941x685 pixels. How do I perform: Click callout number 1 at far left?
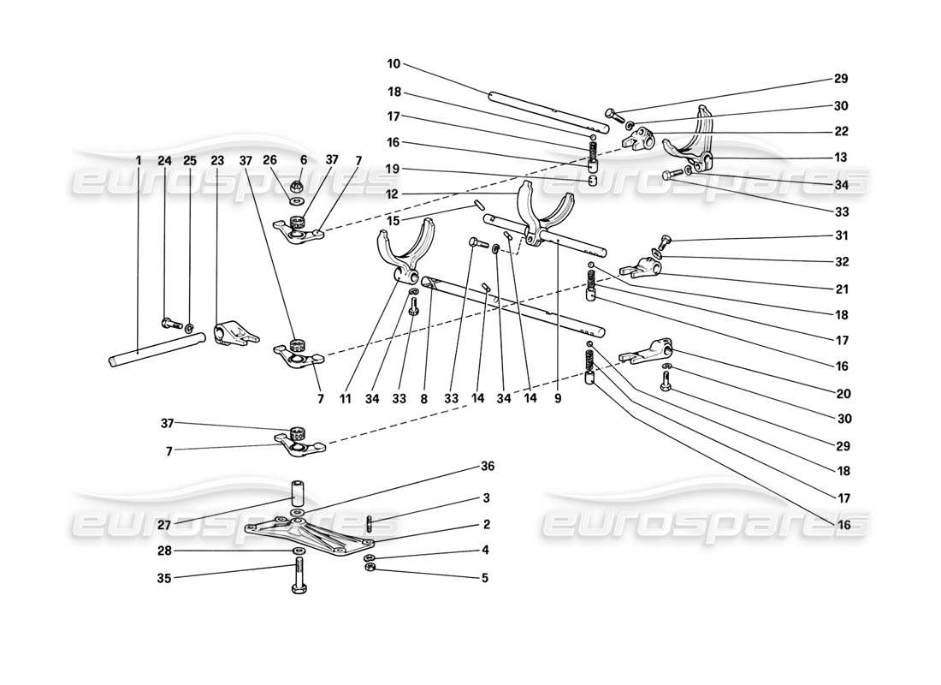click(138, 159)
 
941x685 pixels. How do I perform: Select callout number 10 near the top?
click(393, 64)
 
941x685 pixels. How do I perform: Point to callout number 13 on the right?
click(841, 157)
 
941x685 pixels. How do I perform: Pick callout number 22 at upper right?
click(841, 131)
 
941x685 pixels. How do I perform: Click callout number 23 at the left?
click(217, 159)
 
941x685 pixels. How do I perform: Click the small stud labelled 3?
click(369, 523)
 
